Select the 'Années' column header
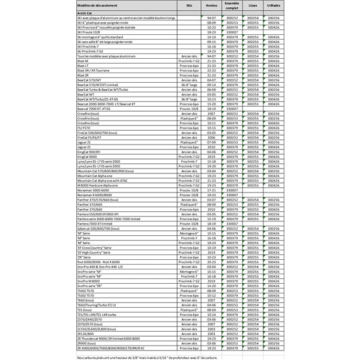coord(211,5)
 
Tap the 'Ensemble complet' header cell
coord(232,5)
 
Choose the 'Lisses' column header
coord(253,5)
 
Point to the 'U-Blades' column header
coord(274,5)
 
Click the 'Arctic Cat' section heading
coord(86,13)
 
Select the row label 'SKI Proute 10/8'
coord(90,32)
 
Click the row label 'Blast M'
coord(83,61)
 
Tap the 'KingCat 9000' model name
coord(88,156)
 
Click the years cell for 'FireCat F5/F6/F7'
coord(211,138)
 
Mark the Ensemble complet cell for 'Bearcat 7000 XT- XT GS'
coord(232,109)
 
